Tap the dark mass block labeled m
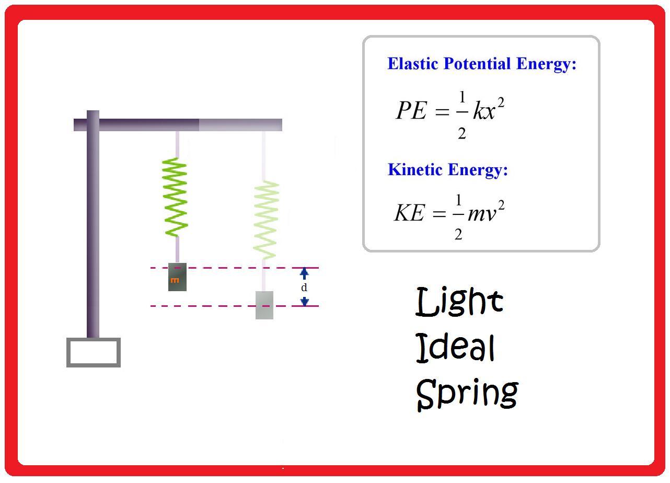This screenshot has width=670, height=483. (x=177, y=278)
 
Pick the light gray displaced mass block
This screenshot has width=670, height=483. (x=264, y=305)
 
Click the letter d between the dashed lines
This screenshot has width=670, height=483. (x=304, y=287)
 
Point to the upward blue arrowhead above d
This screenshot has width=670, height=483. (x=304, y=273)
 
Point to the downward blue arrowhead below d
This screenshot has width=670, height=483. (x=304, y=301)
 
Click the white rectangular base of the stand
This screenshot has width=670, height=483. (x=94, y=352)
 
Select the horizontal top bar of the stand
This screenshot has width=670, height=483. (x=188, y=125)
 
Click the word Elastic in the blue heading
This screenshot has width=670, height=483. (x=413, y=64)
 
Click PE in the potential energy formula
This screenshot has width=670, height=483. (x=411, y=110)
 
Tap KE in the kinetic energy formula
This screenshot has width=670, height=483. (x=409, y=213)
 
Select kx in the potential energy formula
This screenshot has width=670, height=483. (x=484, y=111)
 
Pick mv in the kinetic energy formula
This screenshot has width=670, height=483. (x=481, y=213)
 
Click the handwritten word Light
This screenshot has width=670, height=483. (x=459, y=302)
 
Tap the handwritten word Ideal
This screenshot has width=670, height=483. (x=455, y=348)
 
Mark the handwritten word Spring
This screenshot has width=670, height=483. (x=467, y=394)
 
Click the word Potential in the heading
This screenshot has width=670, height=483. (x=477, y=64)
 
